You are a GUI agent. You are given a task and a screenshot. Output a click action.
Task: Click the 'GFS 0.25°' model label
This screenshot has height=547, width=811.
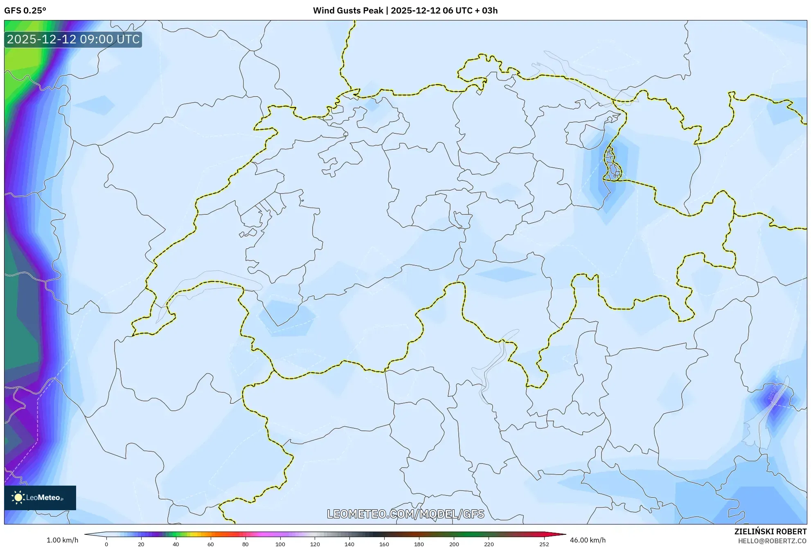pyautogui.click(x=25, y=11)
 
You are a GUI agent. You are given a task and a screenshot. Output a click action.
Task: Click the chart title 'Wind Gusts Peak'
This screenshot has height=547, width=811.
pyautogui.click(x=348, y=11)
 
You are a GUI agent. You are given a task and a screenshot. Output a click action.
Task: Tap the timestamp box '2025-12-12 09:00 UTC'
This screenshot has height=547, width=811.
pyautogui.click(x=73, y=40)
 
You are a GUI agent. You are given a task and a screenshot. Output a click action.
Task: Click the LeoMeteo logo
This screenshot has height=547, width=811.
pyautogui.click(x=40, y=497)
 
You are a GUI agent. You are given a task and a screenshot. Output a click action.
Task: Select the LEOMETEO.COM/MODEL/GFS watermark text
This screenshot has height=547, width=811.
pyautogui.click(x=405, y=514)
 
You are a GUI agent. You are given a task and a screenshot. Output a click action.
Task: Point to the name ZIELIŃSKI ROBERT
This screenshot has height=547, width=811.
pyautogui.click(x=770, y=531)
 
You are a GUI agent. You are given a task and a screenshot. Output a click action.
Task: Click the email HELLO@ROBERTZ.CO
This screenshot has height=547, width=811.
pyautogui.click(x=772, y=541)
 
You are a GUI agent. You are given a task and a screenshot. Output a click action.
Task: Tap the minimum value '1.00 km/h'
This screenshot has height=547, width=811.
pyautogui.click(x=62, y=540)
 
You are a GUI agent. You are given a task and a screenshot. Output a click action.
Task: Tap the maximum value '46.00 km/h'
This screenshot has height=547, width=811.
pyautogui.click(x=588, y=540)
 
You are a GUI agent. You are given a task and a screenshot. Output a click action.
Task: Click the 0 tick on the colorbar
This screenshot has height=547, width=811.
pyautogui.click(x=106, y=544)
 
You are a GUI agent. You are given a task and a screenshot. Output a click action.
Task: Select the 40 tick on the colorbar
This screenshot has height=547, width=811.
pyautogui.click(x=176, y=544)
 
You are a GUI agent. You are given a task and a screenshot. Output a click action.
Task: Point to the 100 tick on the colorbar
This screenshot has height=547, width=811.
pyautogui.click(x=280, y=544)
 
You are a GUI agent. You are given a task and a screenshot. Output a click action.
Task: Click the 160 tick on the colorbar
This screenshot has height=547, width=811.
pyautogui.click(x=384, y=544)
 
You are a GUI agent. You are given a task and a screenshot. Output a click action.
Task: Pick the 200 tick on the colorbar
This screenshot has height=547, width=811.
pyautogui.click(x=454, y=544)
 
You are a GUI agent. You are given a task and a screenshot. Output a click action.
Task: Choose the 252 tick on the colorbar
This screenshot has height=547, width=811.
pyautogui.click(x=544, y=544)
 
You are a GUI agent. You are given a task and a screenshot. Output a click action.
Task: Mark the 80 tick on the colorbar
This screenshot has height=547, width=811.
pyautogui.click(x=246, y=544)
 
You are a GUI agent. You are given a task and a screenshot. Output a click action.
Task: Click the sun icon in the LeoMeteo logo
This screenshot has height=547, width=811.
pyautogui.click(x=18, y=497)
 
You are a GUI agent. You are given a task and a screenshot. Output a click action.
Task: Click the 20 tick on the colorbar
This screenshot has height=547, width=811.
pyautogui.click(x=141, y=544)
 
